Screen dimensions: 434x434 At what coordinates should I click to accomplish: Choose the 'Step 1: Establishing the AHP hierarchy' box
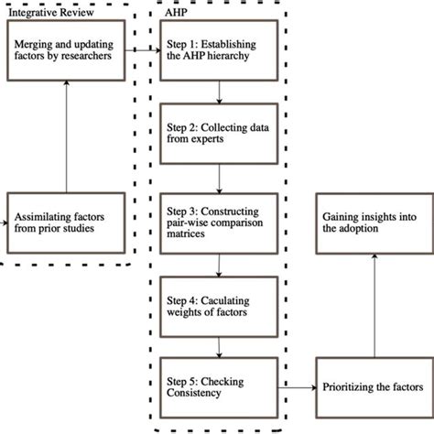219,52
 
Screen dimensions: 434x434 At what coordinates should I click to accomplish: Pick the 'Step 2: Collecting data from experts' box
219,135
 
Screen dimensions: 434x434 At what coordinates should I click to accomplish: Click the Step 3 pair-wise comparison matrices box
219,218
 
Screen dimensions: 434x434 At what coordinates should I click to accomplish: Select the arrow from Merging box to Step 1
139,52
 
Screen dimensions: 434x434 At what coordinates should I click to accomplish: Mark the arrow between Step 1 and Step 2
219,93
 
